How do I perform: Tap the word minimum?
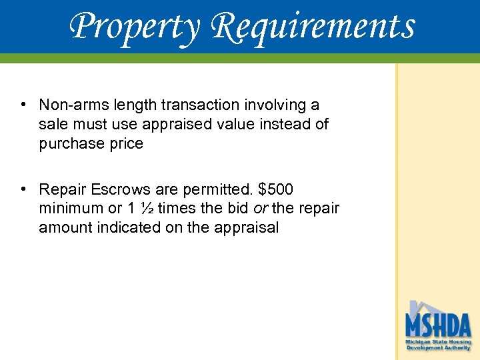pos(69,209)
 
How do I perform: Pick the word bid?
pos(239,209)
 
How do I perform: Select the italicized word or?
pos(261,209)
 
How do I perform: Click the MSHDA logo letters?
pos(438,325)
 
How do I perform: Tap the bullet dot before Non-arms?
pos(23,105)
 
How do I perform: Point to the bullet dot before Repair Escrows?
pos(23,189)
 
